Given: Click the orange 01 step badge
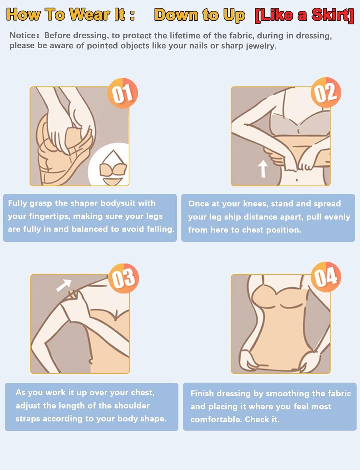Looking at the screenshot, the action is click(123, 93).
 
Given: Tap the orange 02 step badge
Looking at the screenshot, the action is click(326, 92).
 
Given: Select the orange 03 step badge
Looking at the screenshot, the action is click(123, 278).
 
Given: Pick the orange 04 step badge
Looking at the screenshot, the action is click(326, 277).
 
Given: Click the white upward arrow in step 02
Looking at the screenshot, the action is click(263, 169).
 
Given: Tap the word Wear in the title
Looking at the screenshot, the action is click(89, 15).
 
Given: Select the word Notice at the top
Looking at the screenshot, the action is click(23, 35).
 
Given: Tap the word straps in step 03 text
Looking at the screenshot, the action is click(28, 419).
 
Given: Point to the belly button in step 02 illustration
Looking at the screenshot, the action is click(297, 180).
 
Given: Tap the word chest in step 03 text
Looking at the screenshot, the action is click(141, 393).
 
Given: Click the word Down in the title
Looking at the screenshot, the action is click(176, 15).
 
